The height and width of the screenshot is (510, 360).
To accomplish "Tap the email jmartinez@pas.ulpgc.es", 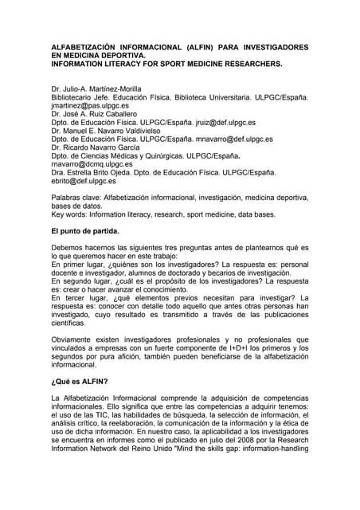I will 89,105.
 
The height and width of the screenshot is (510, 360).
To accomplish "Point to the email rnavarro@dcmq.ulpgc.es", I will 92,164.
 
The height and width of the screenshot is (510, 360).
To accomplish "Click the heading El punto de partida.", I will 84,231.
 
